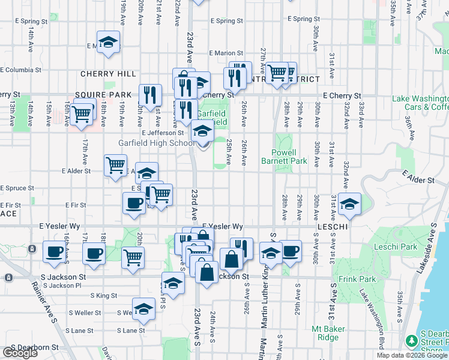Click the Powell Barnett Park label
point(284,157)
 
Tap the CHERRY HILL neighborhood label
point(109,74)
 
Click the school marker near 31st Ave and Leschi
point(349,204)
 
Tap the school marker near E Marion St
point(108,42)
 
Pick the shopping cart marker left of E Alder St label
point(115,165)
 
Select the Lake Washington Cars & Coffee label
point(420,103)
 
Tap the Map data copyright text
point(411,355)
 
